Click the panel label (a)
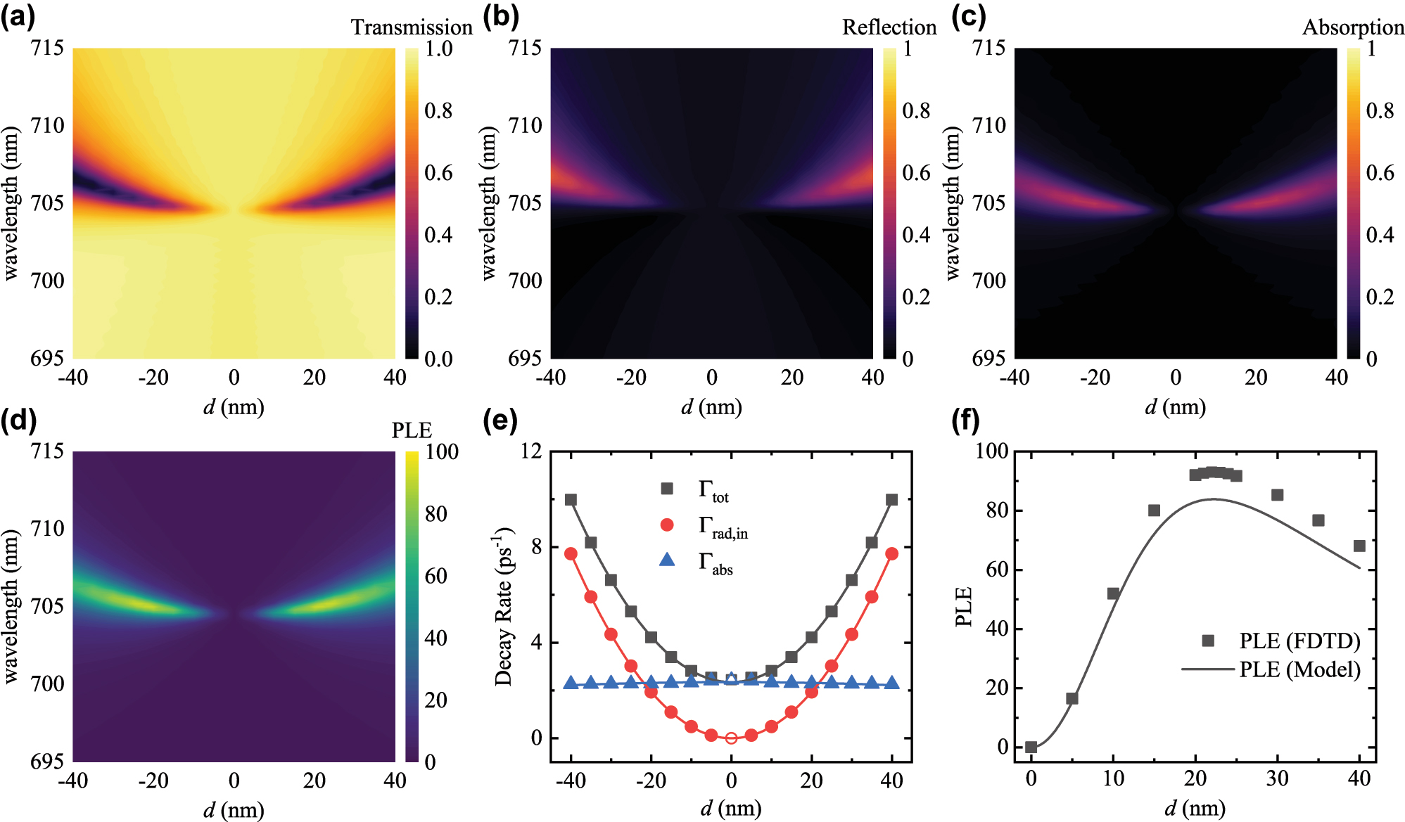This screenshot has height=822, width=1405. pyautogui.click(x=18, y=15)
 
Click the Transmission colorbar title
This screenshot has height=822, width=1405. pyautogui.click(x=412, y=27)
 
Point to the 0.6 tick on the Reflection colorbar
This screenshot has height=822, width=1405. pyautogui.click(x=916, y=173)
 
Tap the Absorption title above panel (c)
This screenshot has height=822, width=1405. pyautogui.click(x=1352, y=27)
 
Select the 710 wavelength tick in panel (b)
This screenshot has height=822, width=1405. pyautogui.click(x=525, y=126)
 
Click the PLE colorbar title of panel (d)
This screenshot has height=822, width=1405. pyautogui.click(x=412, y=430)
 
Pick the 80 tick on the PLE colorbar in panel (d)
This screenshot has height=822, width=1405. pyautogui.click(x=436, y=514)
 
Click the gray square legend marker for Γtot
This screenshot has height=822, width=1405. pyautogui.click(x=667, y=488)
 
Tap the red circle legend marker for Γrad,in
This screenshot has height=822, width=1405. pyautogui.click(x=667, y=525)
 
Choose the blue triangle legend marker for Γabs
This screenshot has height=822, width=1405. pyautogui.click(x=667, y=560)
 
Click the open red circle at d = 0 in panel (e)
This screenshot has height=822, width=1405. pyautogui.click(x=731, y=738)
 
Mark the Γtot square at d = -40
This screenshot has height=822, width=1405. pyautogui.click(x=571, y=500)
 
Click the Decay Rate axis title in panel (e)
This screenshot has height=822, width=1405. pyautogui.click(x=504, y=606)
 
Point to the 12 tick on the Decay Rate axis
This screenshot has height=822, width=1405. pyautogui.click(x=531, y=451)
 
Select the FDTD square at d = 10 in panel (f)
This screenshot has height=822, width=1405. pyautogui.click(x=1113, y=593)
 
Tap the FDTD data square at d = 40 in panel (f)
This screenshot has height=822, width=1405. pyautogui.click(x=1359, y=546)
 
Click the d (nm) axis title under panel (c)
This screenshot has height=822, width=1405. pyautogui.click(x=1175, y=407)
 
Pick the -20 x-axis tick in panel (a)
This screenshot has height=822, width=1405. pyautogui.click(x=153, y=378)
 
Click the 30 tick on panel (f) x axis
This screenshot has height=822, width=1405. pyautogui.click(x=1277, y=778)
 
